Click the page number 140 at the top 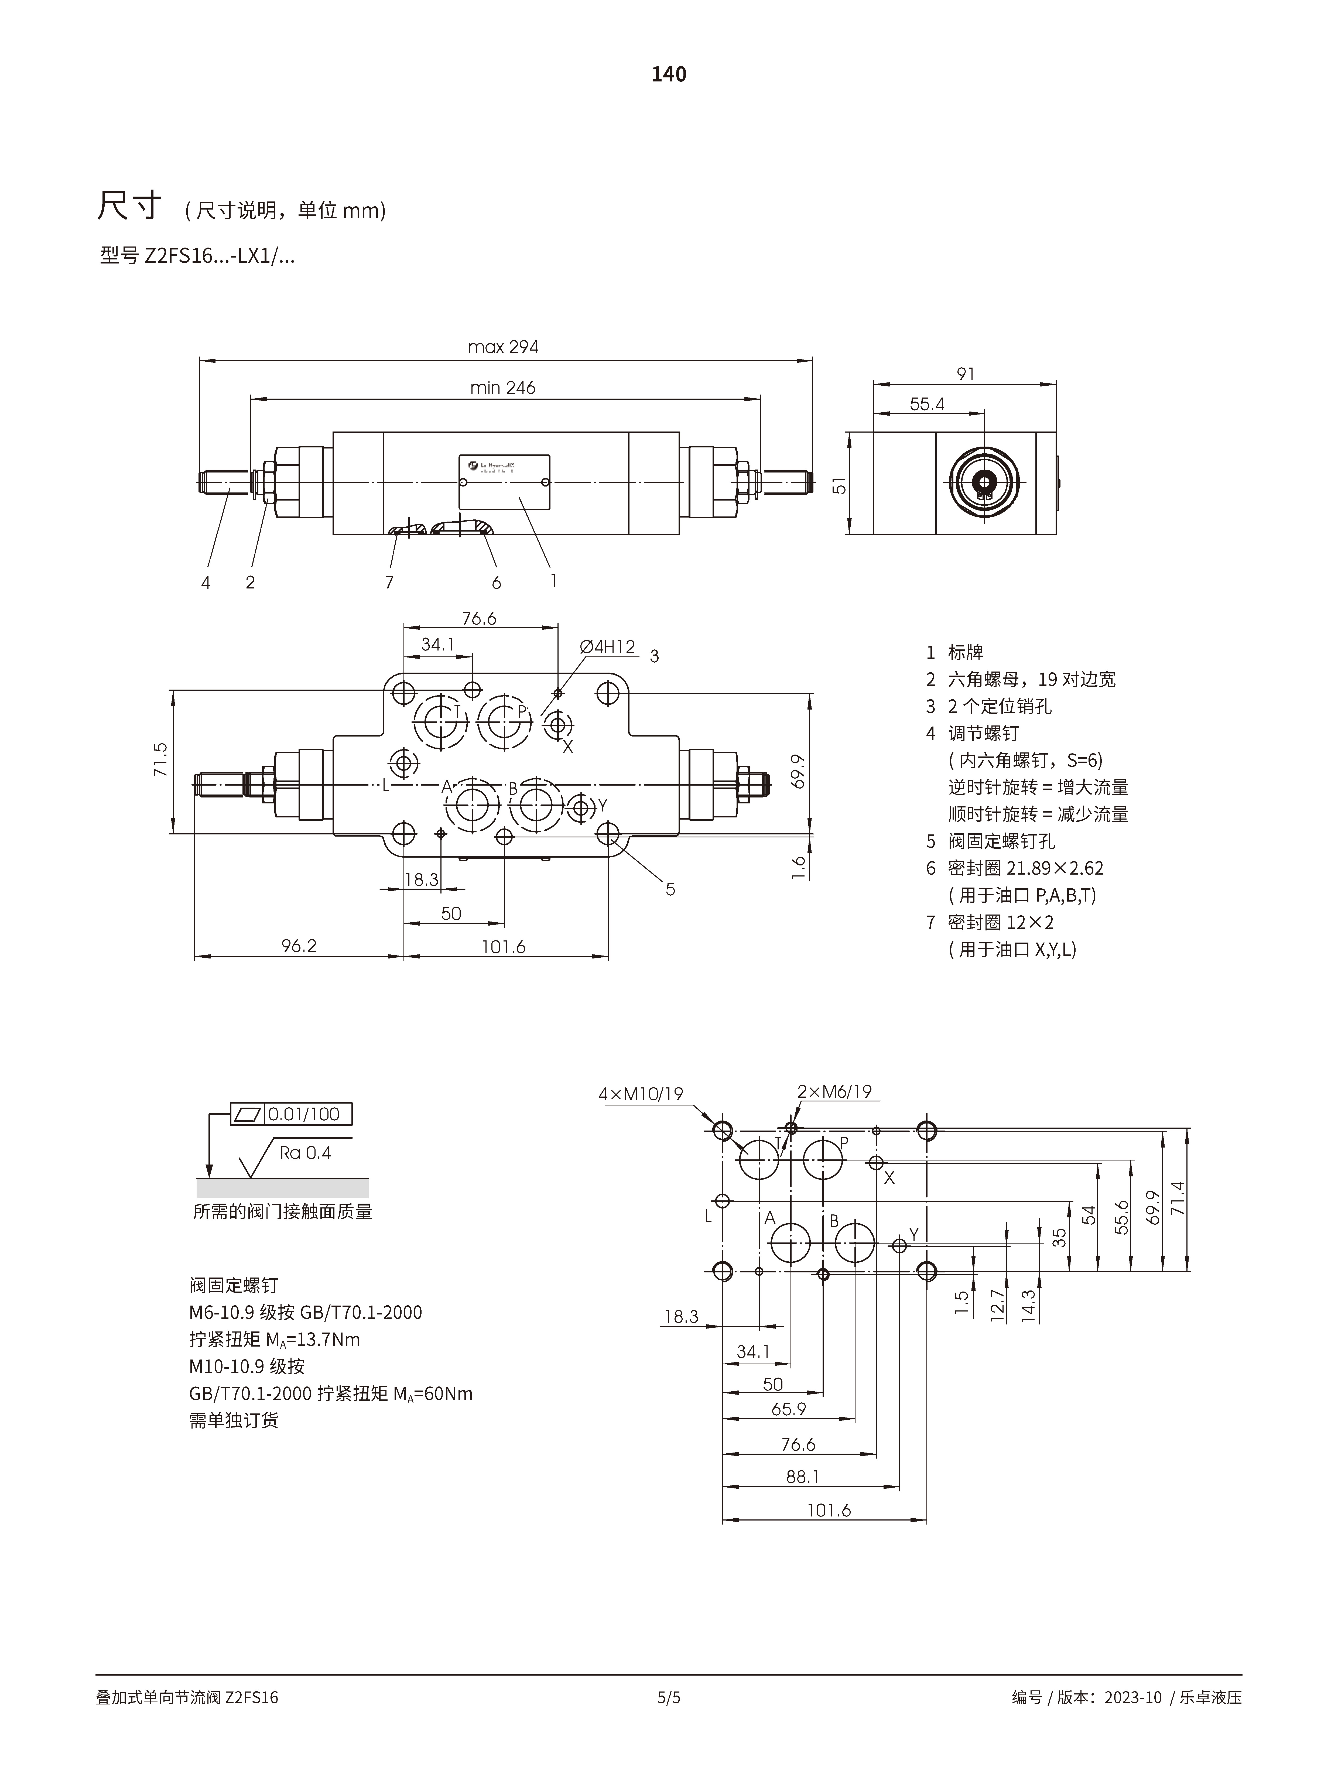click(x=669, y=74)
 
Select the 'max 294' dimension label click(x=503, y=347)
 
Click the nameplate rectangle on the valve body click(x=504, y=482)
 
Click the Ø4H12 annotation click(x=607, y=647)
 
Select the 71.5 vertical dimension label click(x=160, y=760)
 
